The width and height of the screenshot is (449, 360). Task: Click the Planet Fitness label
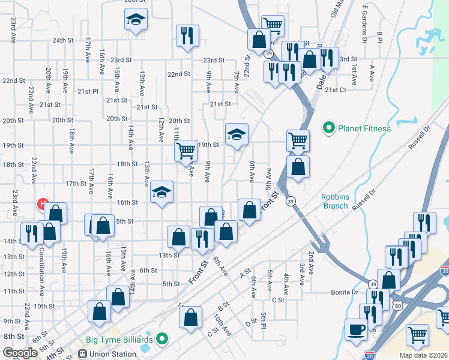364,128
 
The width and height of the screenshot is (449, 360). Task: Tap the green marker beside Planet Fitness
328,128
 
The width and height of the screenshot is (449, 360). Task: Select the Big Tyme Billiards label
119,339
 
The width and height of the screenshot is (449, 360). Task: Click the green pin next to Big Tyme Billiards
161,339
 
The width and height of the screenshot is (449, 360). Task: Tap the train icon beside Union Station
82,354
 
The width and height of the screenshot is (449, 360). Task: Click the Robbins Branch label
334,201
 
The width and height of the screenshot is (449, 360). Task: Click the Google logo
20,353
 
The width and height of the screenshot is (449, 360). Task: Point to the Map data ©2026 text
423,355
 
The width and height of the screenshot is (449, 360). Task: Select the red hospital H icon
42,204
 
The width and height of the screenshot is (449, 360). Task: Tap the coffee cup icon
356,329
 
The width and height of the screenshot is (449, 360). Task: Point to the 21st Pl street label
87,91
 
